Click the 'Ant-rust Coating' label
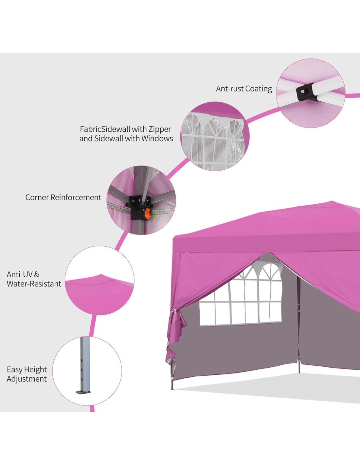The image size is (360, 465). coord(244,89)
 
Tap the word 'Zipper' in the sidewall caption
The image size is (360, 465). coord(160,129)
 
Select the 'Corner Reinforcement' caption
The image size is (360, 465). coord(63,198)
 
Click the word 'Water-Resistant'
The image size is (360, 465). coord(34,284)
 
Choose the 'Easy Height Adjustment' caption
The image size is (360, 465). coord(27,374)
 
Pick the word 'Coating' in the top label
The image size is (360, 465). coord(259,89)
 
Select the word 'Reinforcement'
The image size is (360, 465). coord(76,198)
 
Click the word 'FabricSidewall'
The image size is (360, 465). coord(105,129)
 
